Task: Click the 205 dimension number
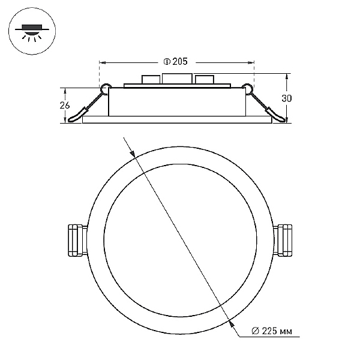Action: click(180, 62)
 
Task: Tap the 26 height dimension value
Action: click(65, 105)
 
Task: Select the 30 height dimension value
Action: click(287, 98)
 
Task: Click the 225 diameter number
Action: click(270, 331)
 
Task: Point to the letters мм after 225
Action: click(286, 332)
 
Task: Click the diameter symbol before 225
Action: click(256, 331)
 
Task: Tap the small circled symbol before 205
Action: click(167, 62)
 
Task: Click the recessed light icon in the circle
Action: click(32, 32)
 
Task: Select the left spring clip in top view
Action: click(77, 241)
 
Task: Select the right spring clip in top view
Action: click(283, 241)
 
